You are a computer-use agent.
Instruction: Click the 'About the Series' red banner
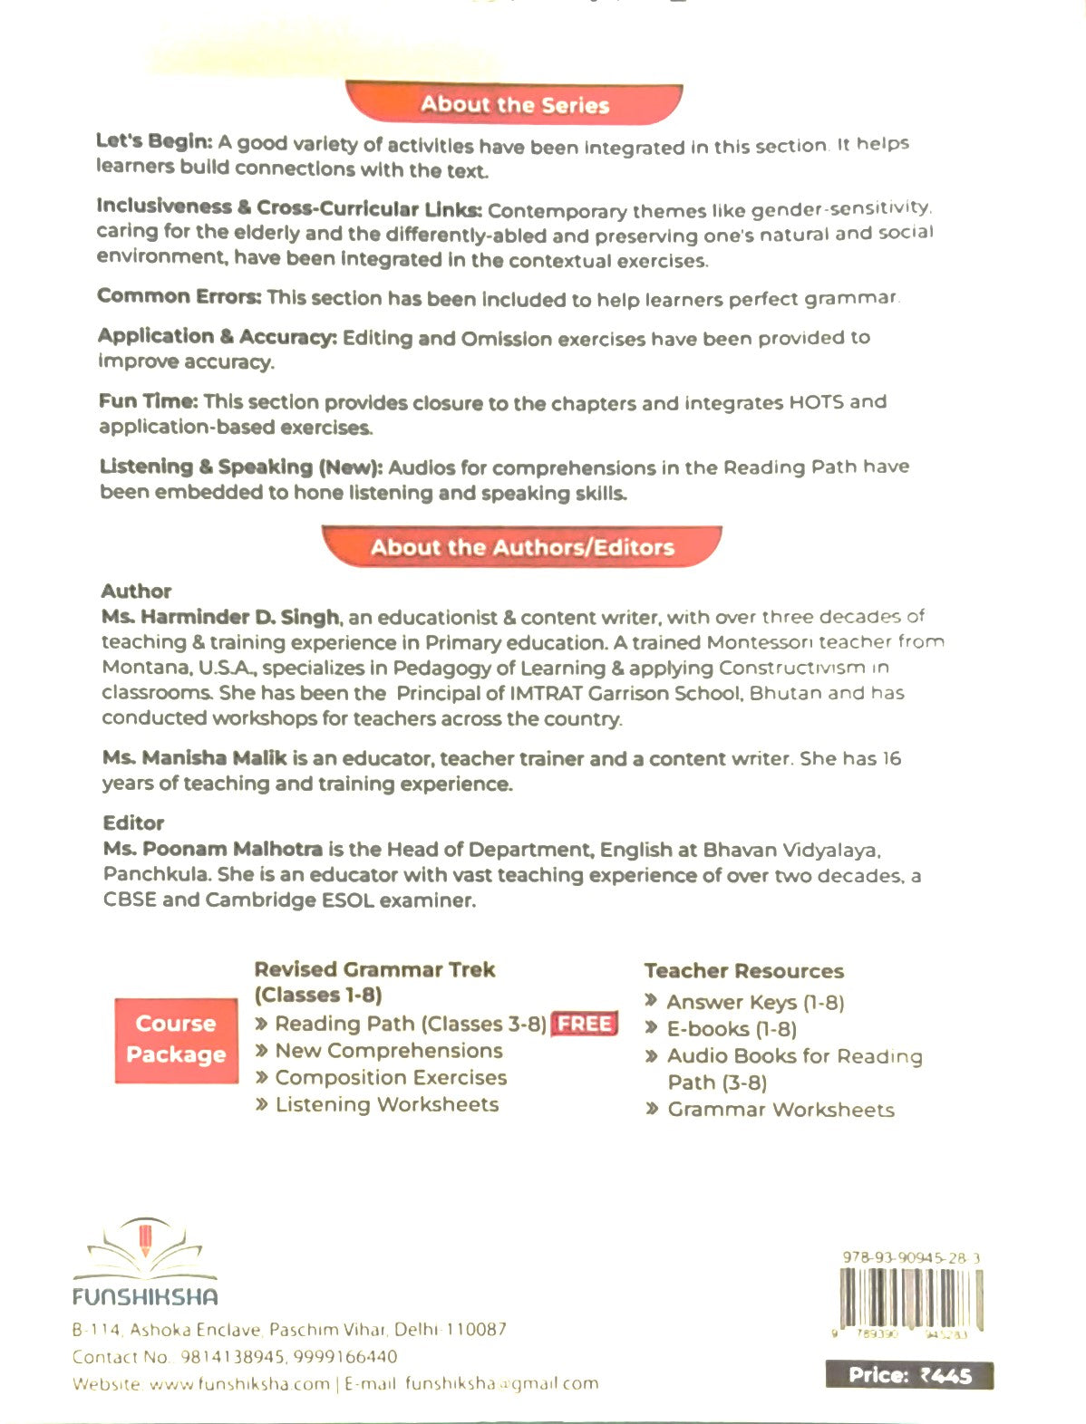coord(514,104)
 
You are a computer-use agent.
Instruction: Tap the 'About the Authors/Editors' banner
coord(522,547)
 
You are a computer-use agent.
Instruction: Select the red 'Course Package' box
coord(176,1039)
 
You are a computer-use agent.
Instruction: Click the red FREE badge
coord(584,1024)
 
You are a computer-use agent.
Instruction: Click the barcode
coord(910,1297)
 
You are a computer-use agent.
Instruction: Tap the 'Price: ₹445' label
coord(909,1375)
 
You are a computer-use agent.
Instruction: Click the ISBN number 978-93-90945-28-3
coord(910,1257)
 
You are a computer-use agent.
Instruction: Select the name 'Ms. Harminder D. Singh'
coord(220,617)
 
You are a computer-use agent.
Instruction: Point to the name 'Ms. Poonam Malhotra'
coord(213,849)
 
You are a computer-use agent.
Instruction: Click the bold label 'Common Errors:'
coord(179,296)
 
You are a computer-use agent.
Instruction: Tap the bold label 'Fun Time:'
coord(148,401)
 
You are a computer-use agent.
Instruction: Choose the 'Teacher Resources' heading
coord(743,971)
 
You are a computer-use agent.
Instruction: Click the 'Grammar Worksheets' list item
coord(781,1110)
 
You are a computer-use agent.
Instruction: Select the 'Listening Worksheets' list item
coord(387,1104)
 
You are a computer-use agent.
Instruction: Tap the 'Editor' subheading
coord(133,823)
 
